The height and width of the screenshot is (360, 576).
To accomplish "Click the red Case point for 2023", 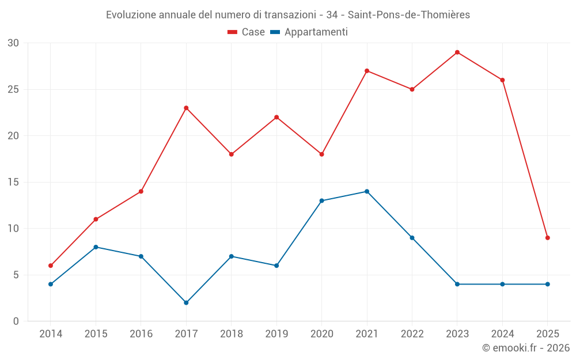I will tap(457, 52).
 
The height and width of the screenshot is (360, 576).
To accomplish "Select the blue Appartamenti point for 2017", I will tap(186, 302).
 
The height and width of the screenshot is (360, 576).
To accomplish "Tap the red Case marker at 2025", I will tap(548, 238).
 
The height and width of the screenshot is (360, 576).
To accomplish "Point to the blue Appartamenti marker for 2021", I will tap(367, 191).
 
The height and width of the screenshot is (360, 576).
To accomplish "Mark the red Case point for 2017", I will tap(186, 108).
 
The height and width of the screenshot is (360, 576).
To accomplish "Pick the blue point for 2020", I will tap(321, 200).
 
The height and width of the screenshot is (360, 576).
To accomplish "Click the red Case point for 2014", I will tap(51, 266).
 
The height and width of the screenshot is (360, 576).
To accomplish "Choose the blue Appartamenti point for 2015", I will tap(96, 247).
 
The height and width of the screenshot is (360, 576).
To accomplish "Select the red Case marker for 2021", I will tap(367, 71).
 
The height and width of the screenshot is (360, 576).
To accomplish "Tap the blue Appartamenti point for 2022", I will tap(412, 238).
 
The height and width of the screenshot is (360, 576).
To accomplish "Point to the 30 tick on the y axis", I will tap(13, 43).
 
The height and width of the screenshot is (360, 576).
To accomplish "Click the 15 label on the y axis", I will tap(13, 182).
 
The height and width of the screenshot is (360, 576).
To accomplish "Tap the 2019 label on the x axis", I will tap(276, 334).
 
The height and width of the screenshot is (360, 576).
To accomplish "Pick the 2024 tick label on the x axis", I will tap(502, 334).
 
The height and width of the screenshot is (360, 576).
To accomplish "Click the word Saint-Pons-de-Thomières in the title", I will tap(410, 15).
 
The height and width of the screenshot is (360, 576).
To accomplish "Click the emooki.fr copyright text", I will tap(526, 348).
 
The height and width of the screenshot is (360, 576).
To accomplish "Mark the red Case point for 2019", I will tap(276, 117).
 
